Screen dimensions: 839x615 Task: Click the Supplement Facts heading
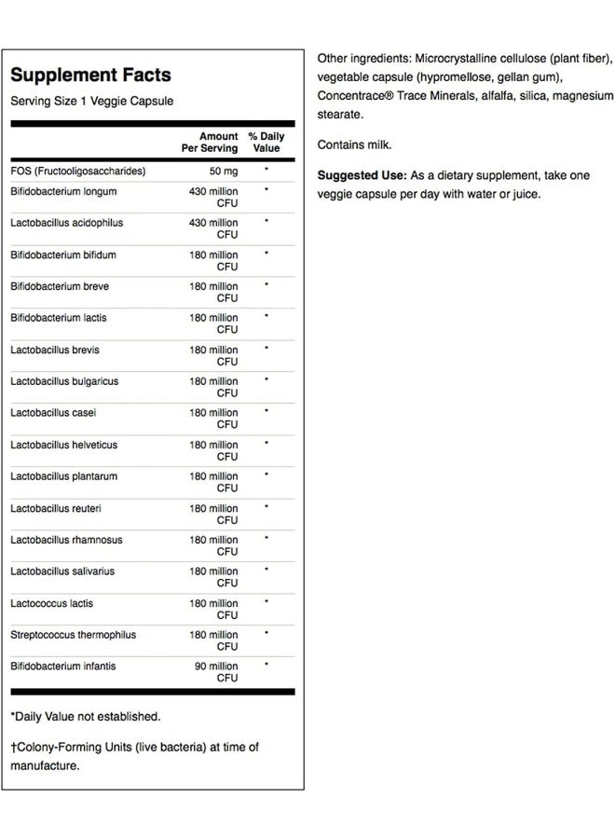tap(90, 76)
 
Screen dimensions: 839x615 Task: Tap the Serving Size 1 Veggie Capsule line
tap(91, 101)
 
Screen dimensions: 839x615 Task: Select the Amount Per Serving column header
tap(210, 142)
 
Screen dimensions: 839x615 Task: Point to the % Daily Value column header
tap(266, 142)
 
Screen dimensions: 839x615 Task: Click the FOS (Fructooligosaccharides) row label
tap(78, 172)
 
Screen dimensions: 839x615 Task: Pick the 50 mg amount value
tap(224, 172)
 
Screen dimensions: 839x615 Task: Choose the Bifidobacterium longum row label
tap(63, 191)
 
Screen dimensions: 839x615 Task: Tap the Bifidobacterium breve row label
tap(62, 286)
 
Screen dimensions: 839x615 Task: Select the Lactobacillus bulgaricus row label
tap(64, 381)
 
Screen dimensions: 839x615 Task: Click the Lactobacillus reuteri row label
tap(56, 508)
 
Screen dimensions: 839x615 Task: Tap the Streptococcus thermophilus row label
tap(73, 635)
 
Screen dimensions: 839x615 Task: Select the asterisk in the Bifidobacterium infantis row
tap(266, 665)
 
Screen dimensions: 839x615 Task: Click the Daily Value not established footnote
tap(86, 717)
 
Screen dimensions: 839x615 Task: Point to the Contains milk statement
tap(354, 144)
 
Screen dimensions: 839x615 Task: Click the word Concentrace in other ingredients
tap(352, 95)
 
